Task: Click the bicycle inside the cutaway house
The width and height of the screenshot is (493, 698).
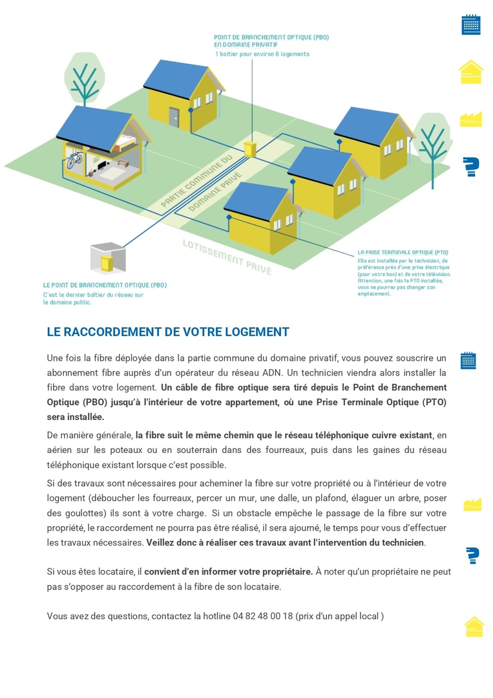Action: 74,160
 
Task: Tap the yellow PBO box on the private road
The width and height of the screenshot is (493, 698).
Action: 251,149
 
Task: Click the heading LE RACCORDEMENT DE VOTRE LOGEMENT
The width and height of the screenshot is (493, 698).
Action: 168,332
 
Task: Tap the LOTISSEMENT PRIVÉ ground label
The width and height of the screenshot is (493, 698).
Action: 227,257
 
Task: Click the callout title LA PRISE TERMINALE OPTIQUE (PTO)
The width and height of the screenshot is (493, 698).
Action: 403,252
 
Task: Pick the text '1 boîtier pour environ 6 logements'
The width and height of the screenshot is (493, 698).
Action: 262,54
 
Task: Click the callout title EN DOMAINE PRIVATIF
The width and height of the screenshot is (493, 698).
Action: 246,45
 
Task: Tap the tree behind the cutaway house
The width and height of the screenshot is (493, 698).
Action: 83,81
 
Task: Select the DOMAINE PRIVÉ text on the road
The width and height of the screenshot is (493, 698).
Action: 215,192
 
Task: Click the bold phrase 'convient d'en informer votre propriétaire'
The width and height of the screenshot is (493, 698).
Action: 228,572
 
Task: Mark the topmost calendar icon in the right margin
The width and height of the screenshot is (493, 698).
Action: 471,25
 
